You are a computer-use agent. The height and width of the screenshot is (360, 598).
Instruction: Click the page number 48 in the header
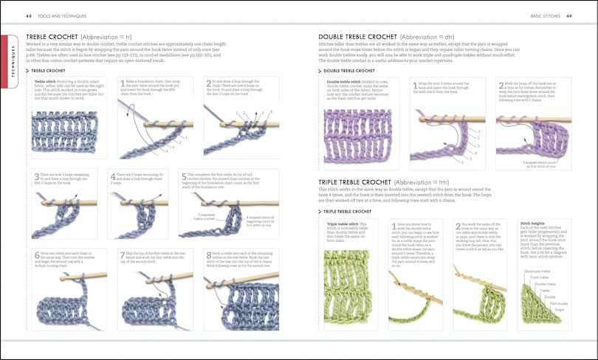(x=28, y=15)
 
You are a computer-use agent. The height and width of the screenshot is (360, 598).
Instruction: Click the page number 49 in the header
(x=570, y=15)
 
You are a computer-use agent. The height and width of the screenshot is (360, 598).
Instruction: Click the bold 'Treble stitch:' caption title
(x=45, y=80)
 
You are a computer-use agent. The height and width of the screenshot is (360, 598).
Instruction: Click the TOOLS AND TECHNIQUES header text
(x=66, y=15)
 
